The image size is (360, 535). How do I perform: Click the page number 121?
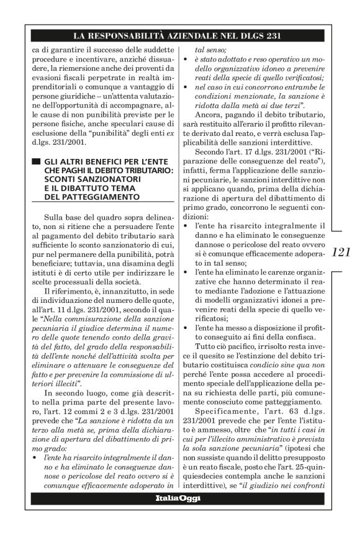[341, 252]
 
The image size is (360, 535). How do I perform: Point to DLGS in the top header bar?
[252, 35]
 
